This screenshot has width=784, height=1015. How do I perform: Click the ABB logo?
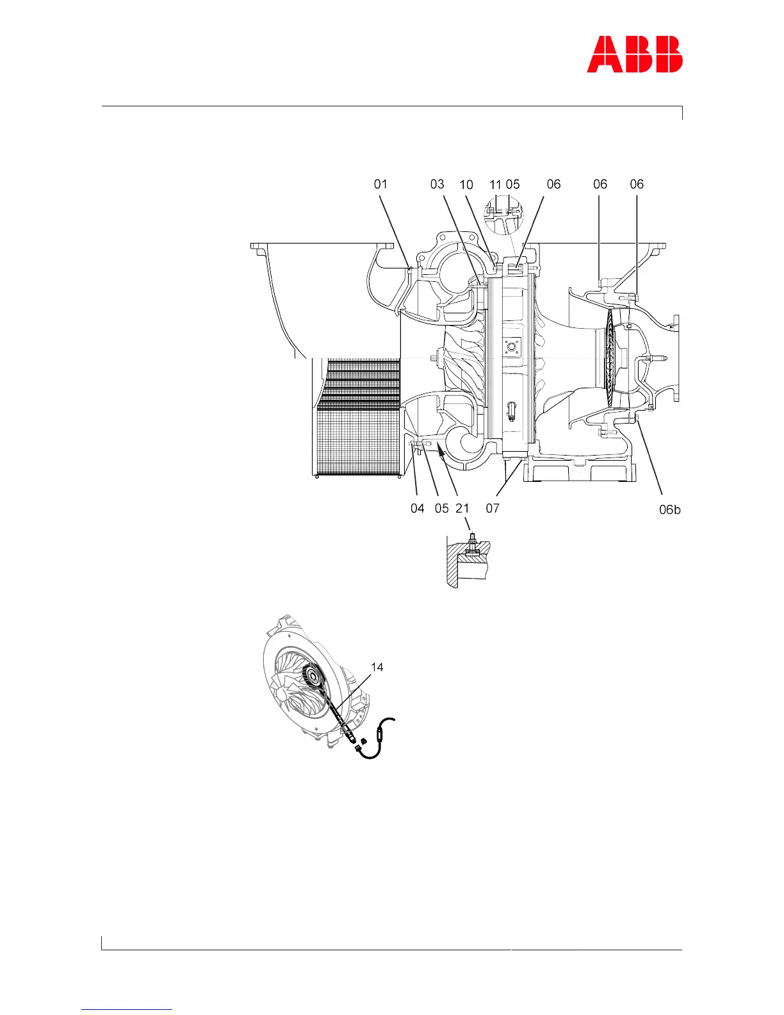[635, 54]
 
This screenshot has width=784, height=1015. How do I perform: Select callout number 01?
[380, 185]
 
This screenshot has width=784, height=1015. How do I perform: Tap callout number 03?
[437, 185]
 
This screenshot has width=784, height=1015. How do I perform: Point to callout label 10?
[466, 185]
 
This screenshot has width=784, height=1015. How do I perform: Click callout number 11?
[495, 185]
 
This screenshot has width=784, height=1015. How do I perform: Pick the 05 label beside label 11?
[512, 185]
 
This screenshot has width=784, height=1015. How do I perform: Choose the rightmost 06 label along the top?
[637, 185]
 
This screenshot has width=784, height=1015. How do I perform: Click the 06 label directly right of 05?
[553, 185]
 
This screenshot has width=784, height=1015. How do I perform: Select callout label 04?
[417, 509]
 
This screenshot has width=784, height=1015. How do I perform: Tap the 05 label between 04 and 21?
[441, 509]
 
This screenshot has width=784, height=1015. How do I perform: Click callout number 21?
[462, 509]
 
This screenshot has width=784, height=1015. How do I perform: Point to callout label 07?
[492, 509]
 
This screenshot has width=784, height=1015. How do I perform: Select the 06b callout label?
[670, 510]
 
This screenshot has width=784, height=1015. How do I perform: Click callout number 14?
[377, 668]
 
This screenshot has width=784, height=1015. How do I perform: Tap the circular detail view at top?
[504, 214]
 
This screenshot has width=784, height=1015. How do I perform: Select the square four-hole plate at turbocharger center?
[511, 347]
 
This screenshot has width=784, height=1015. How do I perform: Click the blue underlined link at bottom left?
[127, 1010]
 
